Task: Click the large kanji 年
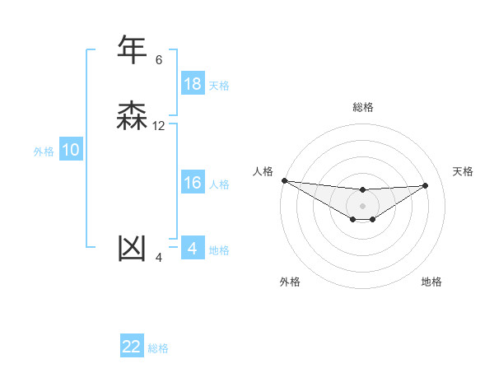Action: [x=132, y=50]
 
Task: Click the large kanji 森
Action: [x=132, y=117]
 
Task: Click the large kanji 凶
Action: [x=132, y=248]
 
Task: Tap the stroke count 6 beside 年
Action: [x=159, y=60]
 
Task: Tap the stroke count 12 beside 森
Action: [x=159, y=126]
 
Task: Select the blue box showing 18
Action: [x=192, y=84]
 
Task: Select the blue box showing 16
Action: [x=192, y=183]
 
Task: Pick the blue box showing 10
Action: [x=71, y=150]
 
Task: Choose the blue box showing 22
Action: [x=132, y=347]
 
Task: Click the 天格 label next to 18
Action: [x=219, y=86]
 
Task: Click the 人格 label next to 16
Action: [x=219, y=184]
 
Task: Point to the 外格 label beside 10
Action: [x=44, y=152]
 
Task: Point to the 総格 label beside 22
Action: [x=158, y=348]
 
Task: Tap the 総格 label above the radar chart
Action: [x=362, y=107]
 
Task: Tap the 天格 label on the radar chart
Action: [x=464, y=171]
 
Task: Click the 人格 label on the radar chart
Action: [x=263, y=171]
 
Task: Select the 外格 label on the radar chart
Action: [x=290, y=282]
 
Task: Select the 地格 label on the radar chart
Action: [x=431, y=282]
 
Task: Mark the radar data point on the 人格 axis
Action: [x=284, y=180]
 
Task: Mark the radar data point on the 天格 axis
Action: [x=426, y=185]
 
